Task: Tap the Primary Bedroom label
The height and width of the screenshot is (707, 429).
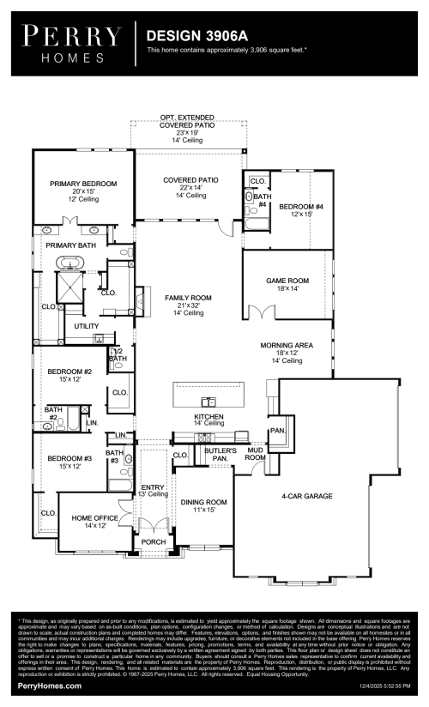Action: (x=83, y=184)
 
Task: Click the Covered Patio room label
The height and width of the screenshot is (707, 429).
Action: (x=190, y=180)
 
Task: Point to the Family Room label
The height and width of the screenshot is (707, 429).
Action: (x=188, y=298)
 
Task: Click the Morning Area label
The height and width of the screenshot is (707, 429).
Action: (x=287, y=346)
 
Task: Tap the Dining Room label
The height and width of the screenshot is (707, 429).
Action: (x=203, y=502)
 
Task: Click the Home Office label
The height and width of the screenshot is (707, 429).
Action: (x=94, y=517)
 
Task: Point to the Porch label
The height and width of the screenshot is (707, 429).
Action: (x=153, y=541)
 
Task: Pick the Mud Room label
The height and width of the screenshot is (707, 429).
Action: (x=255, y=454)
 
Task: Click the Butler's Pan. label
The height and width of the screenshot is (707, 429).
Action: (x=220, y=454)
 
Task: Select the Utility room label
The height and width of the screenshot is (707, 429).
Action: (x=86, y=326)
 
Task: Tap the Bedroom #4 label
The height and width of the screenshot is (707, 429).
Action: (x=300, y=207)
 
